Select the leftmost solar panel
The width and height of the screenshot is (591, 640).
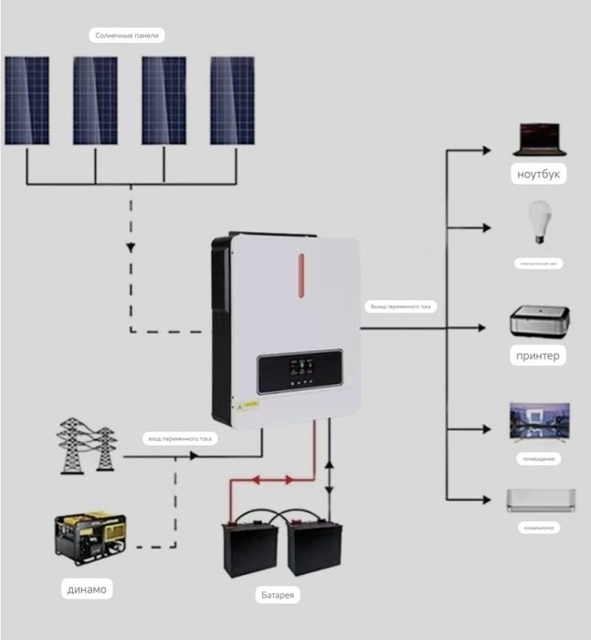pyautogui.click(x=26, y=101)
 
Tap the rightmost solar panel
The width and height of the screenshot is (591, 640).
pyautogui.click(x=232, y=101)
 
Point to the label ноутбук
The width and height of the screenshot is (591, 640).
pyautogui.click(x=538, y=174)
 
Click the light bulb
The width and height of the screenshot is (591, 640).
pyautogui.click(x=538, y=222)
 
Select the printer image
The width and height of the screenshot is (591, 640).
pyautogui.click(x=539, y=323)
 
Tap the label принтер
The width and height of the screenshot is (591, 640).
pyautogui.click(x=538, y=355)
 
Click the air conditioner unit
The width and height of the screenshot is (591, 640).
pyautogui.click(x=541, y=499)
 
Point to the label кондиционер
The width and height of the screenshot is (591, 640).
pyautogui.click(x=538, y=528)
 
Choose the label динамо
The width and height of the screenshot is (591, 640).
pyautogui.click(x=87, y=589)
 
